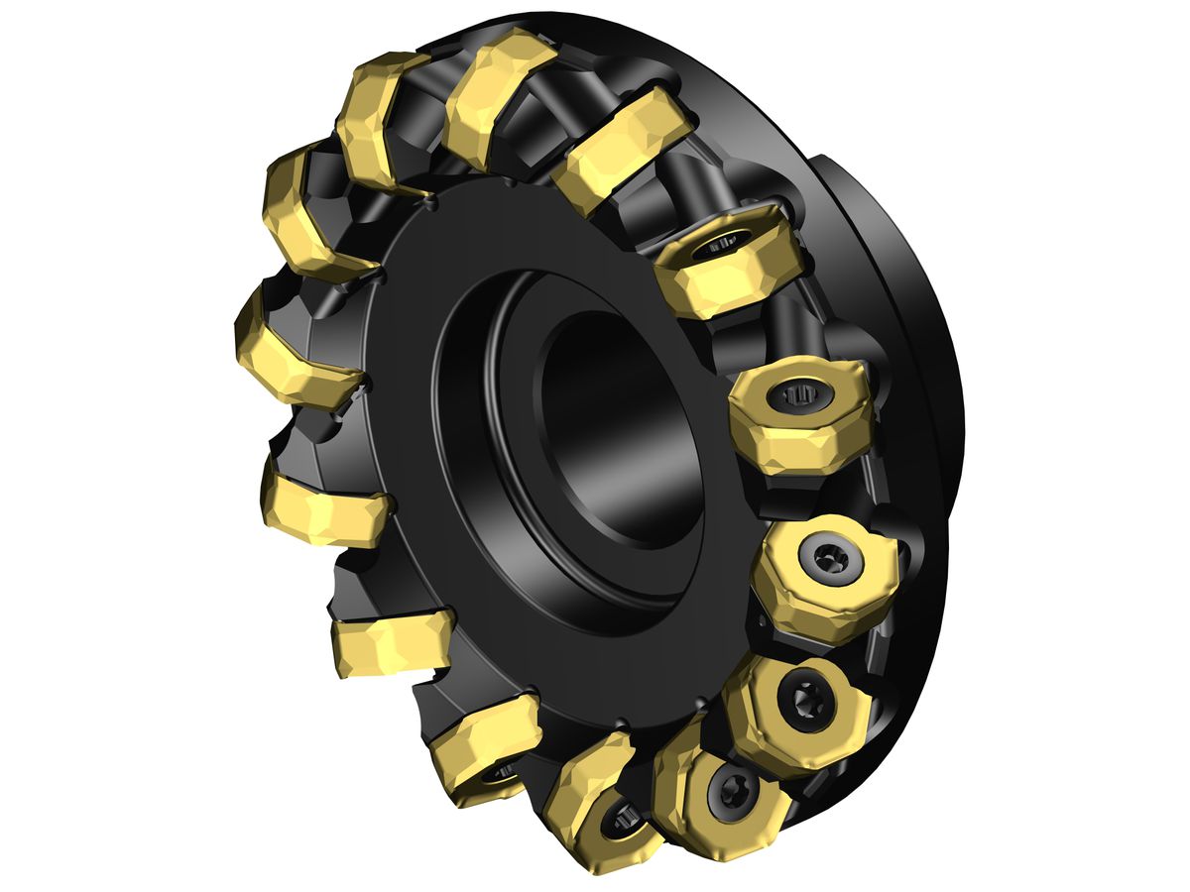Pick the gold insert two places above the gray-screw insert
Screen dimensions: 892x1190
point(729,263)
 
